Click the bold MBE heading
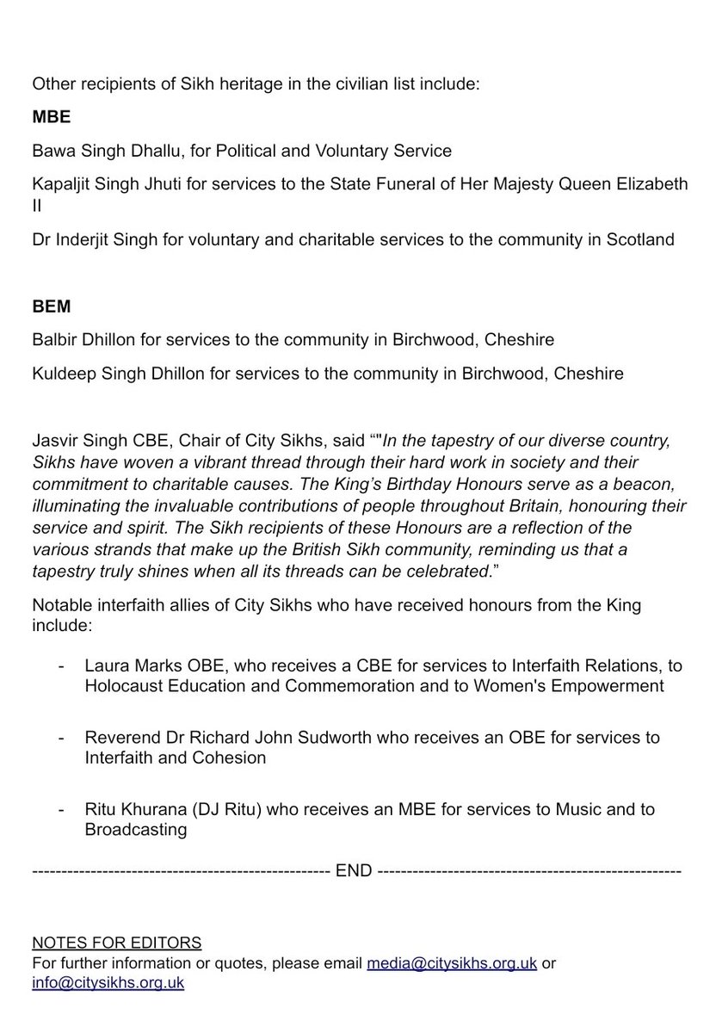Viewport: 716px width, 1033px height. click(47, 116)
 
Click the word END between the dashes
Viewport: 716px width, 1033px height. click(354, 871)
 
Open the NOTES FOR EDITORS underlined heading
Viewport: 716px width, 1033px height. click(117, 943)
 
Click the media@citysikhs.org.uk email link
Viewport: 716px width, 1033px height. click(452, 963)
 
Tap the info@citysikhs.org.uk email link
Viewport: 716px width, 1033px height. click(108, 982)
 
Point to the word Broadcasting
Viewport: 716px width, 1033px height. click(135, 831)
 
